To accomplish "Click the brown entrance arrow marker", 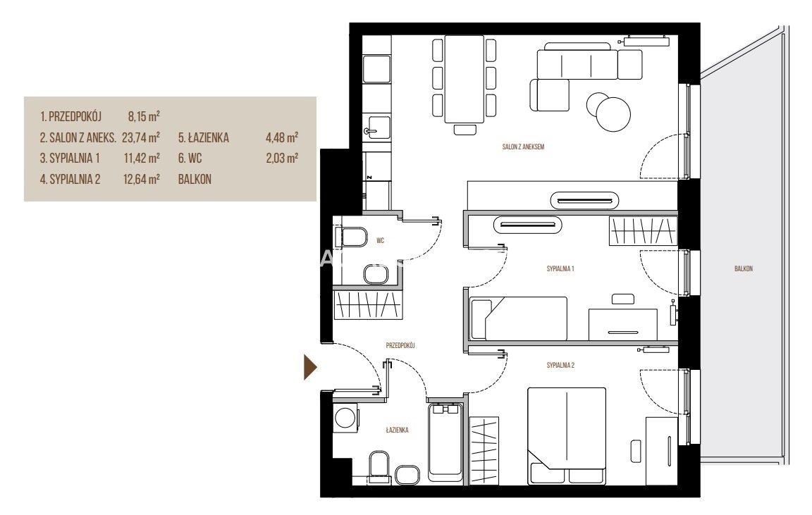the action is click(309, 367).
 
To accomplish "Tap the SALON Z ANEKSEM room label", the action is click(523, 147).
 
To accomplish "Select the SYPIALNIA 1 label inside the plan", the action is click(560, 268).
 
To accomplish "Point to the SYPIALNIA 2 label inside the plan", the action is click(560, 365).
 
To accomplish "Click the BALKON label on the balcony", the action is click(743, 268).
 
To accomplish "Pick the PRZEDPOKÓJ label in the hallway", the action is click(400, 345).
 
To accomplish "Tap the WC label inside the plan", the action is click(380, 241).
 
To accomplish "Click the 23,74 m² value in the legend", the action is click(141, 137).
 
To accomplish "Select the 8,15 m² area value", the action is click(144, 116).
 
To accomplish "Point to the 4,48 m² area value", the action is click(282, 137).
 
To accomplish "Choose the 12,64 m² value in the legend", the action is click(142, 179).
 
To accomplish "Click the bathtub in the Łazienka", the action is click(445, 442).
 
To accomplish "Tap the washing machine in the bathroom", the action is click(345, 417).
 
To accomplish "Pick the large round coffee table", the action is click(614, 114).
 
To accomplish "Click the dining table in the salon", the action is click(464, 79).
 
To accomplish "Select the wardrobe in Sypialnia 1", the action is click(643, 230).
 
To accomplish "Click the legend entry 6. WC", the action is click(190, 158).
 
